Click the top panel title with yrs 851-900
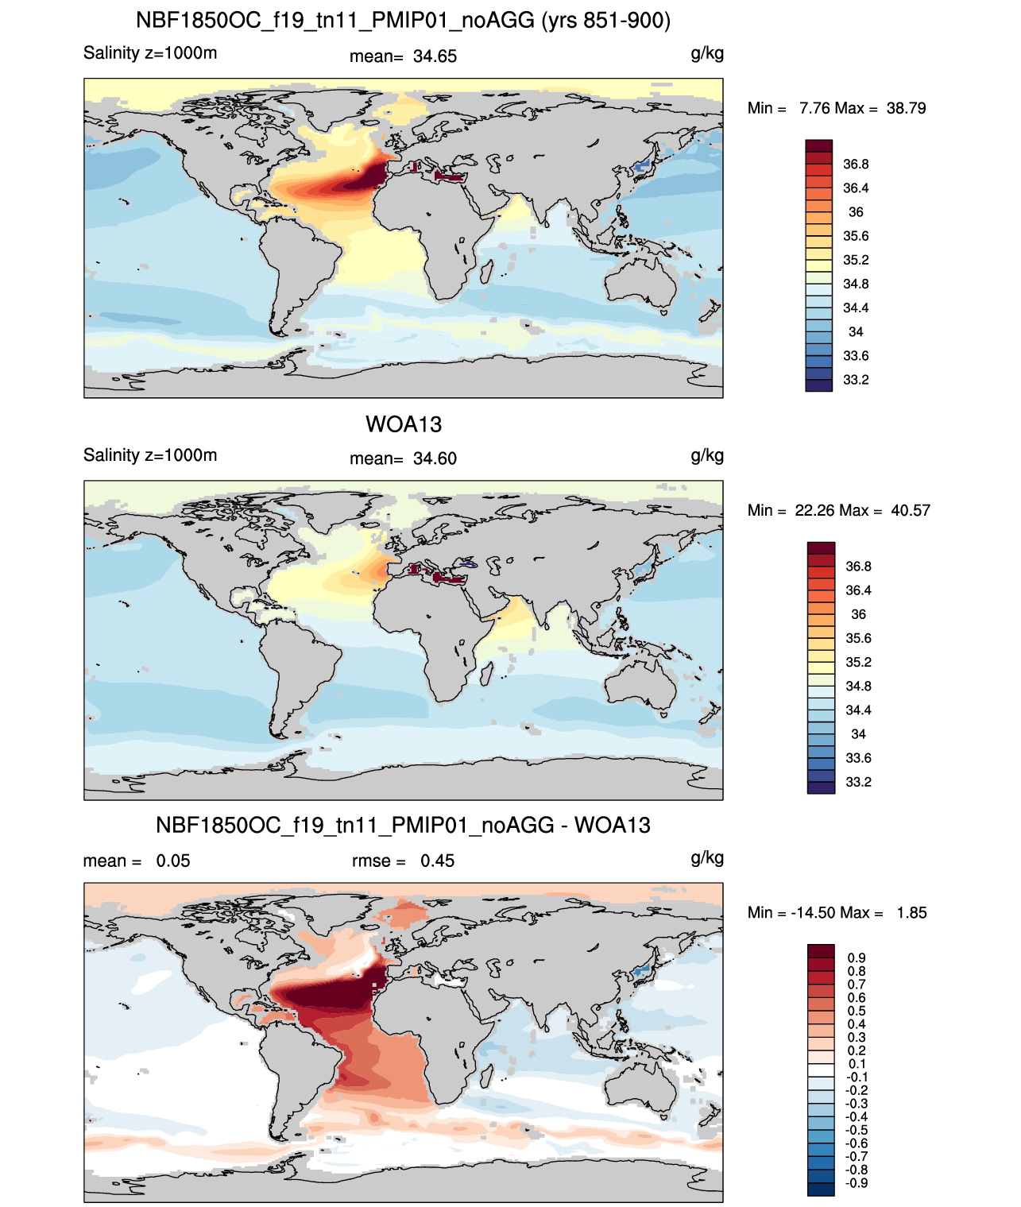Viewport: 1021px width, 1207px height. pos(403,21)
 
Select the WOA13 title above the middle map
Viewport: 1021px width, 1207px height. pos(404,424)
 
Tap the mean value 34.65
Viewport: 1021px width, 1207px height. pos(435,56)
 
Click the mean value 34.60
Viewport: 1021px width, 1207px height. pos(435,458)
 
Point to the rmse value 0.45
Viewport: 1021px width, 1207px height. pos(437,861)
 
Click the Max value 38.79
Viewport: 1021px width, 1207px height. pos(906,108)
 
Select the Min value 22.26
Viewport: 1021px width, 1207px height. pos(814,510)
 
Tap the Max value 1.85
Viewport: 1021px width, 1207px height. pos(911,913)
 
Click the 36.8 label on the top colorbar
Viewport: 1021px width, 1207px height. pos(856,164)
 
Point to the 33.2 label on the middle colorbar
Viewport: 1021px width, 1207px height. pos(858,782)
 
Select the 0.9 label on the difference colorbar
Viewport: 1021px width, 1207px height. pos(857,957)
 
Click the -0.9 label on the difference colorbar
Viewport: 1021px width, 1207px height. pos(856,1183)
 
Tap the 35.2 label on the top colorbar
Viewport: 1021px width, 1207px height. pos(856,260)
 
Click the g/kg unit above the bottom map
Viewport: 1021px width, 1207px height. pos(707,858)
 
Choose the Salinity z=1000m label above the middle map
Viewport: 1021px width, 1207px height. pos(150,455)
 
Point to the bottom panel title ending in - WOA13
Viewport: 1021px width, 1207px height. pos(403,825)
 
